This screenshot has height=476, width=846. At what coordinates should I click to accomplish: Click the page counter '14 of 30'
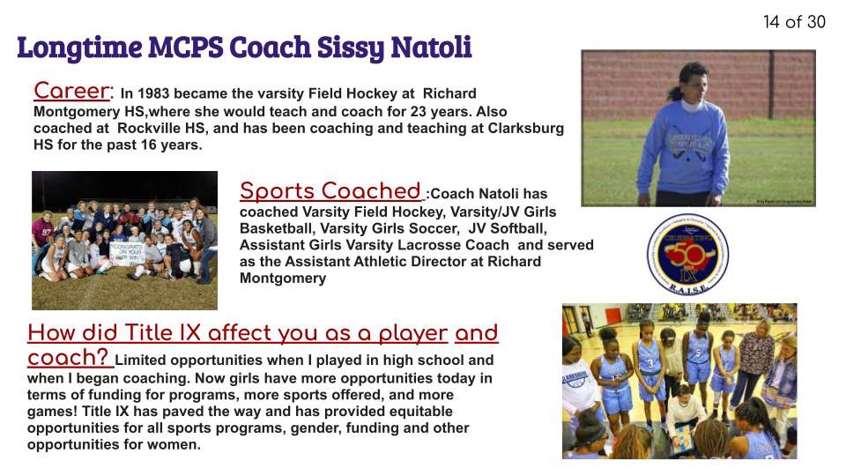point(794,22)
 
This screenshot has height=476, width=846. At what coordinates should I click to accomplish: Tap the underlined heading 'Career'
point(73,91)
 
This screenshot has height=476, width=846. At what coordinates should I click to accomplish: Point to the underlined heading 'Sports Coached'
point(330,191)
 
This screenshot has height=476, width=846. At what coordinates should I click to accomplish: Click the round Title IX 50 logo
point(688,255)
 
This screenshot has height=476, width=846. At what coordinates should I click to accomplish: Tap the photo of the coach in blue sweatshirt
point(698,127)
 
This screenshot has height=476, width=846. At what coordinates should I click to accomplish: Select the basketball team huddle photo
point(679,381)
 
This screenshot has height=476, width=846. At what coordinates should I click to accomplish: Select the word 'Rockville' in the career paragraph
point(151,129)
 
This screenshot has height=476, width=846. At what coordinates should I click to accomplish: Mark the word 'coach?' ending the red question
point(69,358)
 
